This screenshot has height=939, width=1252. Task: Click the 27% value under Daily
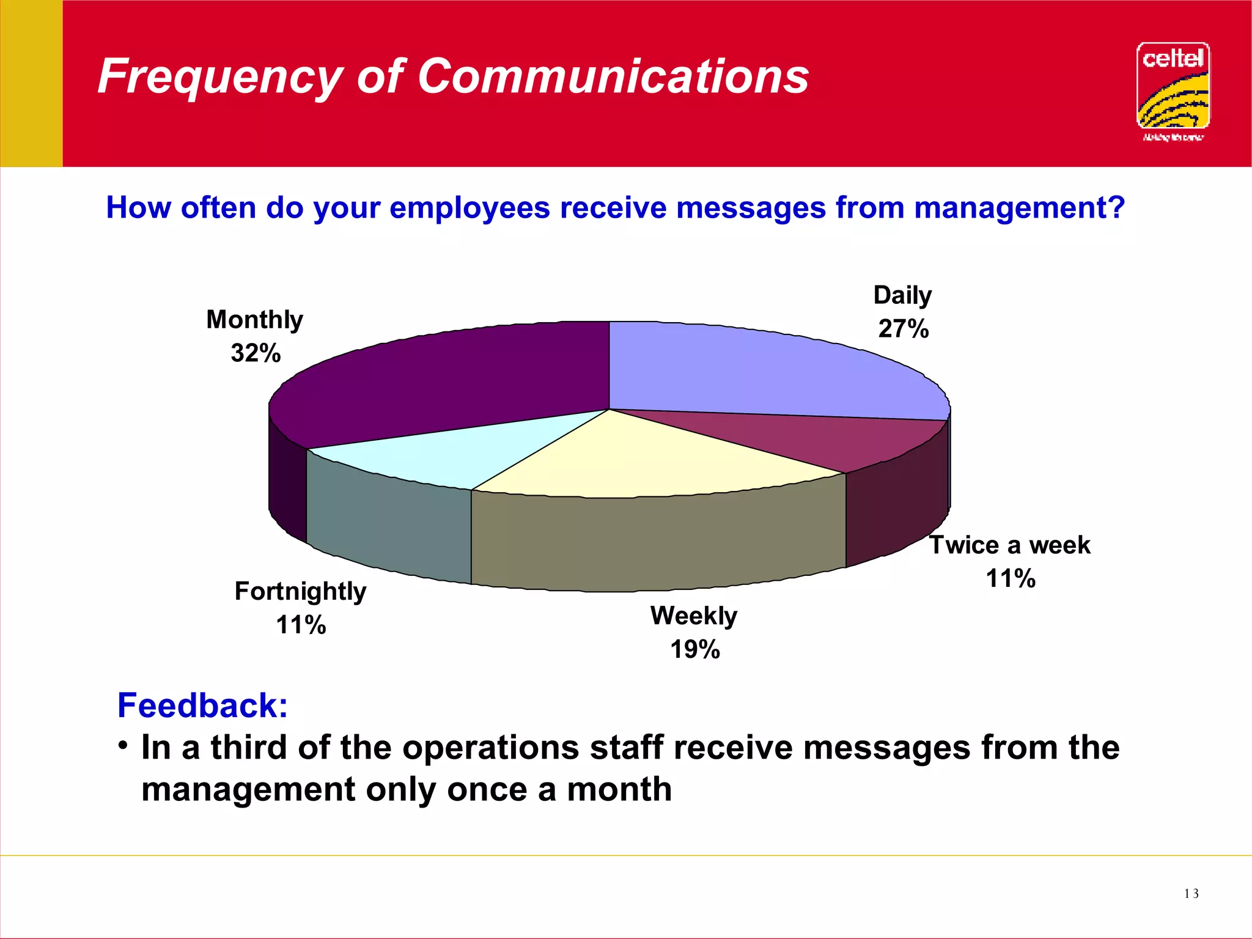tap(904, 329)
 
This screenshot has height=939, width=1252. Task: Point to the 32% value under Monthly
tap(256, 353)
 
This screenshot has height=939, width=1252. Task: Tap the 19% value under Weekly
tap(695, 649)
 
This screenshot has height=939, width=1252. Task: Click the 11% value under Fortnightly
tap(301, 625)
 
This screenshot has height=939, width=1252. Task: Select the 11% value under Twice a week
tap(1011, 578)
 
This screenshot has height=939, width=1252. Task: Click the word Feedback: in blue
tap(202, 705)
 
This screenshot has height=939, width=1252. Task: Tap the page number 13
tap(1191, 894)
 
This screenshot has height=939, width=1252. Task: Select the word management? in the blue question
tap(1019, 208)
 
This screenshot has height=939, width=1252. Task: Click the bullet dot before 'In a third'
tap(123, 745)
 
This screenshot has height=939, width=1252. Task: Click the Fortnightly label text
tap(300, 591)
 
